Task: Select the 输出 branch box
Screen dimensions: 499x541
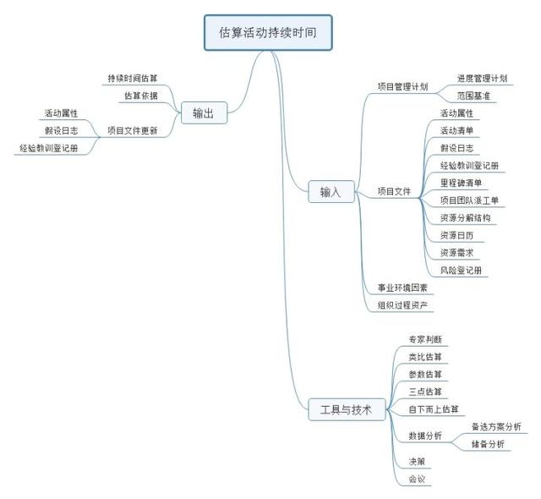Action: [x=203, y=112]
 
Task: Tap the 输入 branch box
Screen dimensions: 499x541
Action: [x=331, y=193]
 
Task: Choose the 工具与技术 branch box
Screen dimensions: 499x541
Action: [x=346, y=409]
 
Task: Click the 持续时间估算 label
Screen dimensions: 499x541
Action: [x=132, y=78]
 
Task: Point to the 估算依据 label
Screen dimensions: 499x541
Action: [x=140, y=96]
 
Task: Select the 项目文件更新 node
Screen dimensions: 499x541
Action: [x=132, y=130]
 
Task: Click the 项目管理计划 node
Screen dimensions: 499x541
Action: [x=402, y=86]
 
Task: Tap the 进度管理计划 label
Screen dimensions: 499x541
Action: [x=482, y=78]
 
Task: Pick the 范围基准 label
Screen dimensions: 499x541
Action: [x=473, y=96]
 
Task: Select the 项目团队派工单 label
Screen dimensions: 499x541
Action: [x=469, y=200]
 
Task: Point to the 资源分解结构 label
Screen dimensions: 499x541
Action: [x=465, y=217]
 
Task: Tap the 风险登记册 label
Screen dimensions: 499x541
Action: [x=461, y=270]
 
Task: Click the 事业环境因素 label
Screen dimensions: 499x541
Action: [x=402, y=288]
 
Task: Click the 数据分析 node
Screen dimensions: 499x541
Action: [x=424, y=436]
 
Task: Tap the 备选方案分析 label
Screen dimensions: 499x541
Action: [x=496, y=426]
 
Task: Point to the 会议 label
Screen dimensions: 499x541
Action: [x=416, y=480]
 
